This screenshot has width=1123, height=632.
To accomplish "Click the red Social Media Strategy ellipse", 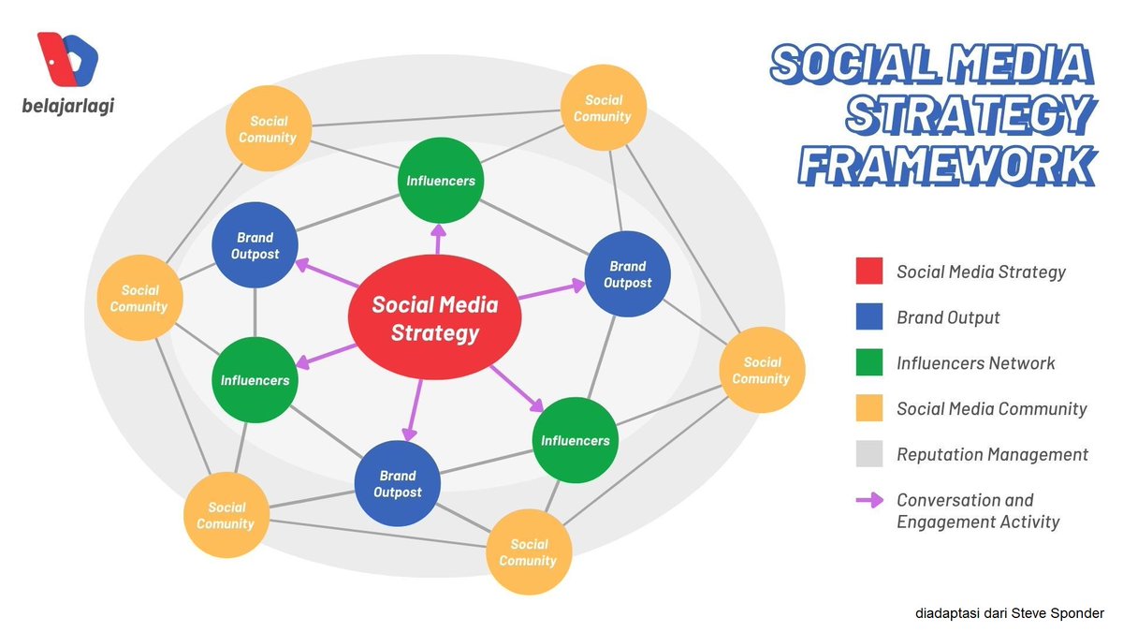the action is pos(434,317).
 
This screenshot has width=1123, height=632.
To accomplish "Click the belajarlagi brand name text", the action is pos(67,106).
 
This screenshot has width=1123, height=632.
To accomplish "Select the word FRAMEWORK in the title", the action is pos(948,164).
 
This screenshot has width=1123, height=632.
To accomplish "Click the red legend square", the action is pos(869,272).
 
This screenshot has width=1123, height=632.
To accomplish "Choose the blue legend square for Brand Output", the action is pos(869,317).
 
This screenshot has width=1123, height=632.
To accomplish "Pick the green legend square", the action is pos(869,362).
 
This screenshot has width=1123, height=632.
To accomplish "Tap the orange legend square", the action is pos(869,408).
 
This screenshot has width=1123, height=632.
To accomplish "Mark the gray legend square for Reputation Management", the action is pos(869,454).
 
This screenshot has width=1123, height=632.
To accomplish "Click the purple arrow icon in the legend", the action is pos(869,500).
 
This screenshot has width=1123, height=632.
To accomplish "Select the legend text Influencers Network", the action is pos(975,362).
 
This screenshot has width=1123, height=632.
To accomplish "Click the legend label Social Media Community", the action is pos(991,408).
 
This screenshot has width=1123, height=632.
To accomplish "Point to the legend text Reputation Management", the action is pos(992,454).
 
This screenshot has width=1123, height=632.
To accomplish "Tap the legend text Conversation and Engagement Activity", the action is pos(978,510).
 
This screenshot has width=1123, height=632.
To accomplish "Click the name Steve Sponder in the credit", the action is pos(1062,613).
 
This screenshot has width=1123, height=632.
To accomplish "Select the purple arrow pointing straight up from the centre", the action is pos(437,238).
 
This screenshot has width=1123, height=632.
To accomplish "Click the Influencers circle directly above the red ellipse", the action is pos(440,181).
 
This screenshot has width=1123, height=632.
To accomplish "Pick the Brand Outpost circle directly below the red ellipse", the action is pos(398,483).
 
